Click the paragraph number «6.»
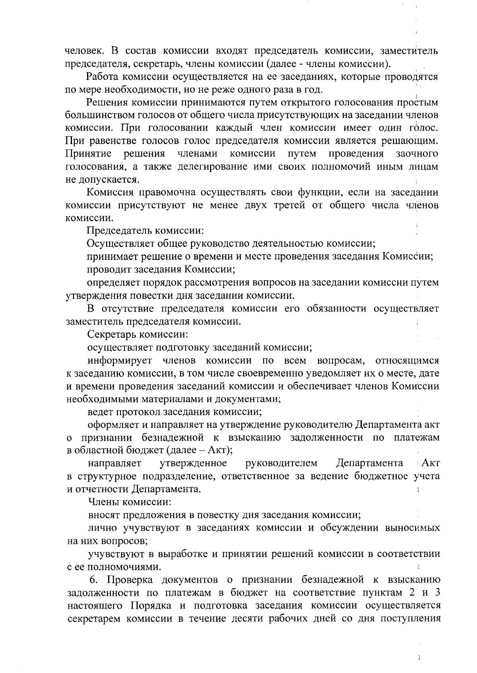click(x=94, y=580)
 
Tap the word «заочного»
click(x=417, y=153)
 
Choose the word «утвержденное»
click(x=193, y=463)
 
